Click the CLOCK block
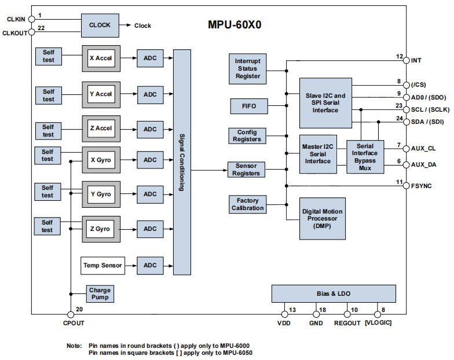click(x=100, y=25)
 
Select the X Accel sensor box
click(x=101, y=58)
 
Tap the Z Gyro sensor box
click(x=101, y=229)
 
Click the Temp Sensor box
click(x=102, y=265)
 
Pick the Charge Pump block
click(x=100, y=293)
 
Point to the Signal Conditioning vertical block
click(x=182, y=162)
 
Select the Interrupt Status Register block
click(x=247, y=68)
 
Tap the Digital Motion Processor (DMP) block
click(x=322, y=218)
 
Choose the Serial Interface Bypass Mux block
click(x=365, y=156)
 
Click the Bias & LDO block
click(x=334, y=293)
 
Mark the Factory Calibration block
click(x=247, y=204)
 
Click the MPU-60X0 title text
click(x=237, y=26)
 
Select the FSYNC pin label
click(x=422, y=186)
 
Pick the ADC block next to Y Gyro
click(x=150, y=194)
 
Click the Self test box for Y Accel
click(x=48, y=95)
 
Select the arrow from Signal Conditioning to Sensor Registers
click(x=208, y=170)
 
